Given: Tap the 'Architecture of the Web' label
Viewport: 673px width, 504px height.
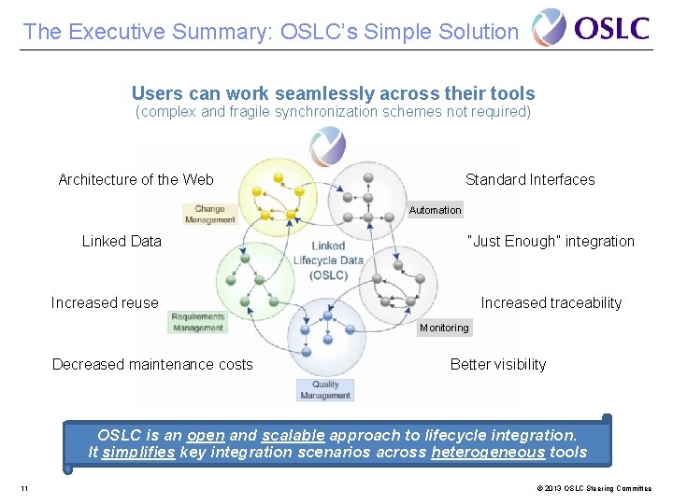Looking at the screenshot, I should (x=136, y=180).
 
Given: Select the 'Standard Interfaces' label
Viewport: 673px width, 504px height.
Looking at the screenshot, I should (x=530, y=180).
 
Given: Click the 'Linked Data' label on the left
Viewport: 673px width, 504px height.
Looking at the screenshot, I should (x=122, y=242).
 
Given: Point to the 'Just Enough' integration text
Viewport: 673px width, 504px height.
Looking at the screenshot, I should (x=550, y=242).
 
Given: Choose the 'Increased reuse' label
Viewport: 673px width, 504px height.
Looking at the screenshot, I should (x=105, y=303).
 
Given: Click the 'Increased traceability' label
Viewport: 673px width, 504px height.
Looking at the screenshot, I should (x=551, y=303).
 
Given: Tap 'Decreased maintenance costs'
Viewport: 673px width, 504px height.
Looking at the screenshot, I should (x=152, y=365).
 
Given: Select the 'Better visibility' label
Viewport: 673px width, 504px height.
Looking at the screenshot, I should (x=498, y=365).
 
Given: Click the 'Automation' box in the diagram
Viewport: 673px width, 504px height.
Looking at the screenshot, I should (x=435, y=210).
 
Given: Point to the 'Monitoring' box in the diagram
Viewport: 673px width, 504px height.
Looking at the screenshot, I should (x=444, y=328).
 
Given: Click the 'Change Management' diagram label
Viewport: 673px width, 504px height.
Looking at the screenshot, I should (x=210, y=215).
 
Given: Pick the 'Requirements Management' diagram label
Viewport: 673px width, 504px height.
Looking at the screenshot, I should (x=197, y=322).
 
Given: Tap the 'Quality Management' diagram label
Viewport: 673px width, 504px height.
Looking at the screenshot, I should (x=325, y=390).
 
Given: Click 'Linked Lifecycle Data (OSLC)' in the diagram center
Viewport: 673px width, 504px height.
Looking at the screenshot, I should (x=328, y=260).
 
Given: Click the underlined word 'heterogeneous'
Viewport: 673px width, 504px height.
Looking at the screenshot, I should (x=488, y=453).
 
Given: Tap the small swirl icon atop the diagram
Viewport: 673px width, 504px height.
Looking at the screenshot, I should (x=328, y=147).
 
